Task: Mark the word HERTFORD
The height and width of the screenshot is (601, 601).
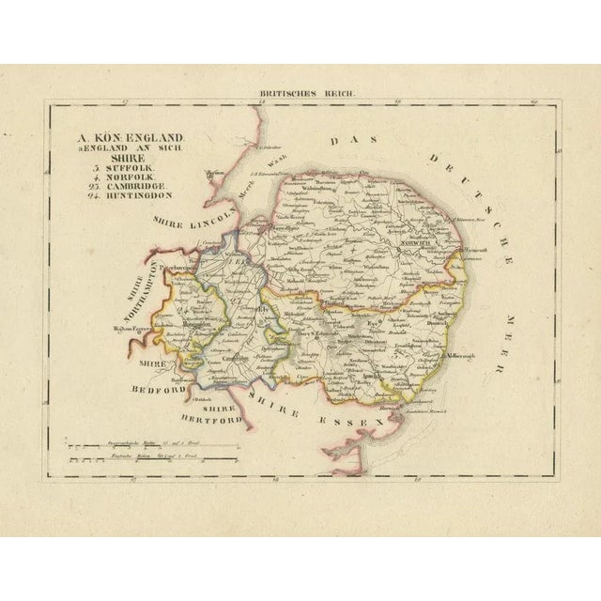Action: [x=217, y=420]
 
